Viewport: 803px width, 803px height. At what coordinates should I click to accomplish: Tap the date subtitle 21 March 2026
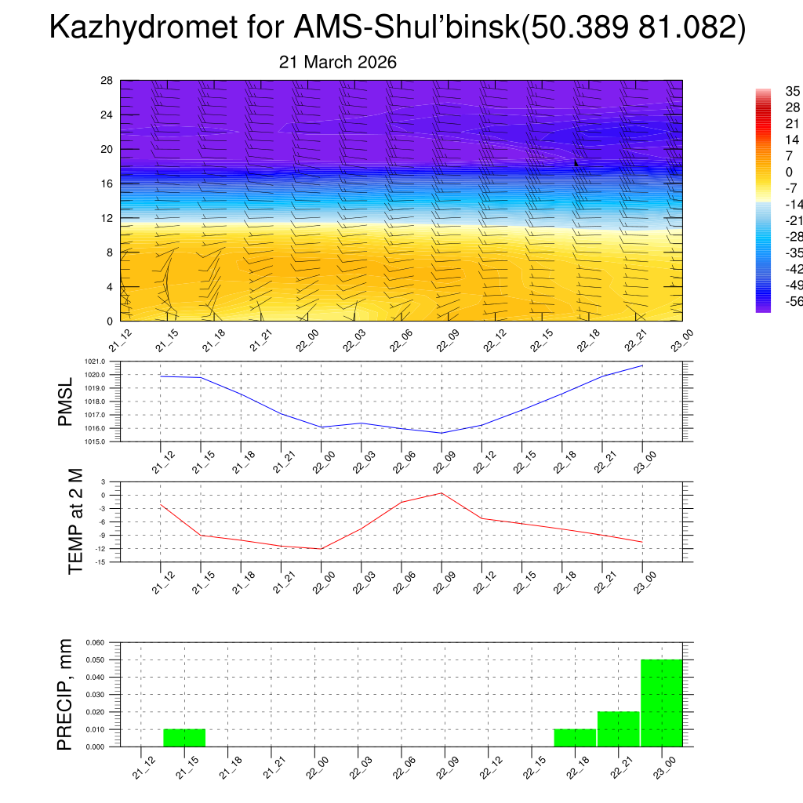(x=338, y=63)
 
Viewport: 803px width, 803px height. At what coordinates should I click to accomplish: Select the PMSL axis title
(x=65, y=401)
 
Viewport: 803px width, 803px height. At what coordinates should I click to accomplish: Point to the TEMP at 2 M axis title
(x=75, y=521)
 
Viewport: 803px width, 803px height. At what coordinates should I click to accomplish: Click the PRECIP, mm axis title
(x=65, y=694)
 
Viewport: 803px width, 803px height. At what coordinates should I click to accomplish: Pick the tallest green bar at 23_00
(x=662, y=703)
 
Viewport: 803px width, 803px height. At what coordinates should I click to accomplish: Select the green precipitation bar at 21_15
(x=184, y=738)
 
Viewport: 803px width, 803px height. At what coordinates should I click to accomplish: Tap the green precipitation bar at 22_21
(x=618, y=729)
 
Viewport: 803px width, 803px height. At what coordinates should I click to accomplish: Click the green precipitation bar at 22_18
(x=575, y=738)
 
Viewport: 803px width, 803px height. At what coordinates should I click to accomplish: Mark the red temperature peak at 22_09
(x=441, y=492)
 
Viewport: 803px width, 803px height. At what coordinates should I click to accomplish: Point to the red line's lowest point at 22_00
(x=321, y=549)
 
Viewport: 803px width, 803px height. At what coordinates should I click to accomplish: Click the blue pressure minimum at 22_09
(x=441, y=433)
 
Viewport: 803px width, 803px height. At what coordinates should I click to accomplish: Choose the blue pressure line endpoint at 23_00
(x=642, y=365)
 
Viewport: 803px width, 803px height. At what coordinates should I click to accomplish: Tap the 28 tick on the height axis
(x=107, y=81)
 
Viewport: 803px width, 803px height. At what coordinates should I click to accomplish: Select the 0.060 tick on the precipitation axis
(x=95, y=642)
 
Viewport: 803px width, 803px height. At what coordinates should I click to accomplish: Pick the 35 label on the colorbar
(x=793, y=92)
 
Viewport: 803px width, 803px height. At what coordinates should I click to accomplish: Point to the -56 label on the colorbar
(x=793, y=301)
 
